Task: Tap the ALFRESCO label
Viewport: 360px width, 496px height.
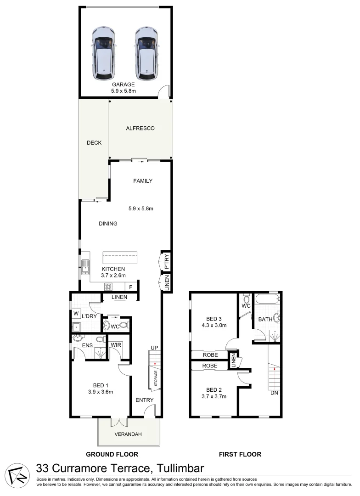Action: click(x=140, y=128)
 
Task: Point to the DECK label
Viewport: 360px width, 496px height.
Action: click(x=94, y=143)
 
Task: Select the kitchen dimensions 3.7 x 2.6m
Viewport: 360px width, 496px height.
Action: click(x=113, y=276)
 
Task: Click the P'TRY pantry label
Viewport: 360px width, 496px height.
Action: click(x=167, y=261)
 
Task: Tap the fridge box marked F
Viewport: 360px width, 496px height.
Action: click(x=131, y=287)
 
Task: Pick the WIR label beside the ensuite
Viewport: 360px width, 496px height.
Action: click(x=115, y=345)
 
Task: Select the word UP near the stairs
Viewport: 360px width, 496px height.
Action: click(x=154, y=348)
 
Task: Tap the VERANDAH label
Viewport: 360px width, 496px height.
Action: click(x=128, y=434)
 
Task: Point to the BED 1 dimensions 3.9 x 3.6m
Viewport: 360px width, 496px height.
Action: click(x=101, y=392)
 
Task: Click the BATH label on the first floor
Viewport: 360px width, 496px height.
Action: click(x=265, y=319)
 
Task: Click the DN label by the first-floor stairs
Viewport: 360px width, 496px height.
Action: click(x=274, y=393)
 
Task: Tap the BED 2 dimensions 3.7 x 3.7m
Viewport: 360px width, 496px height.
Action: click(x=214, y=396)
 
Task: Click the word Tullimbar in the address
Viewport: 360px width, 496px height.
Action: click(x=180, y=468)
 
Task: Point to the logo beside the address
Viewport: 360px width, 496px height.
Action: click(x=17, y=471)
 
